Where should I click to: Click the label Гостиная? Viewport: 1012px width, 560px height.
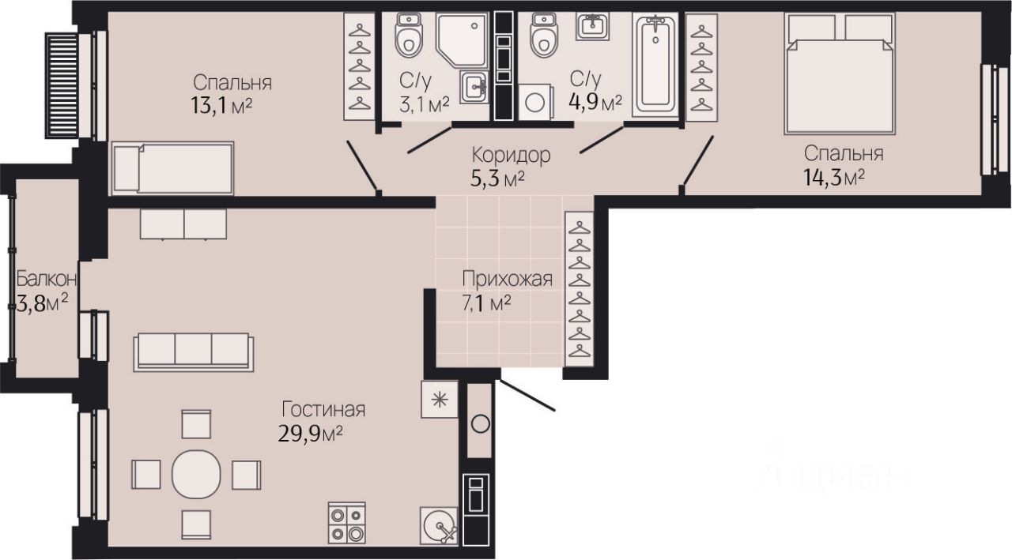tap(323, 410)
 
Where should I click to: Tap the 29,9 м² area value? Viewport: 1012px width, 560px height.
tap(310, 434)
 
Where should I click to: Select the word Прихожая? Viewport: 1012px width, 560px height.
tap(507, 279)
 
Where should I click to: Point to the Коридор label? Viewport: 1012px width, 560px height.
tap(511, 156)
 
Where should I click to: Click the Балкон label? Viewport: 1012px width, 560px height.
tap(47, 280)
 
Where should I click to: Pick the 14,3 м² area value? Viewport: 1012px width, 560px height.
tap(834, 178)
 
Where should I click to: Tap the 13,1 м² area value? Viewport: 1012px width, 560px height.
tap(221, 107)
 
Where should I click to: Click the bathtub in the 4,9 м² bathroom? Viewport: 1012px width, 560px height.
tap(655, 65)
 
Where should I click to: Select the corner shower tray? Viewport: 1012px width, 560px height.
tap(462, 39)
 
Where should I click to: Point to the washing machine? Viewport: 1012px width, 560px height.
tap(534, 102)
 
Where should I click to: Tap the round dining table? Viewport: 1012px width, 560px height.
tap(197, 474)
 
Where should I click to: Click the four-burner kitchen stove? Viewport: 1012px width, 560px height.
tap(347, 523)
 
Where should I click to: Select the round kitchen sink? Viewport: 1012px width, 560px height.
tap(439, 526)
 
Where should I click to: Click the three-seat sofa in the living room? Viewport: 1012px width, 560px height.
tap(194, 352)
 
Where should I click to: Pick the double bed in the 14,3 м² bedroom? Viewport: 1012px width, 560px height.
tap(840, 73)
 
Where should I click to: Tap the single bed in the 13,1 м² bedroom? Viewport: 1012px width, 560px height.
tap(172, 168)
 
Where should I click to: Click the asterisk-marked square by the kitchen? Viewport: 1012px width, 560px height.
tap(440, 400)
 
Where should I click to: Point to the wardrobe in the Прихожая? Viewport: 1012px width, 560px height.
tap(580, 289)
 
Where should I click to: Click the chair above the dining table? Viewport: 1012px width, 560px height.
tap(197, 424)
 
